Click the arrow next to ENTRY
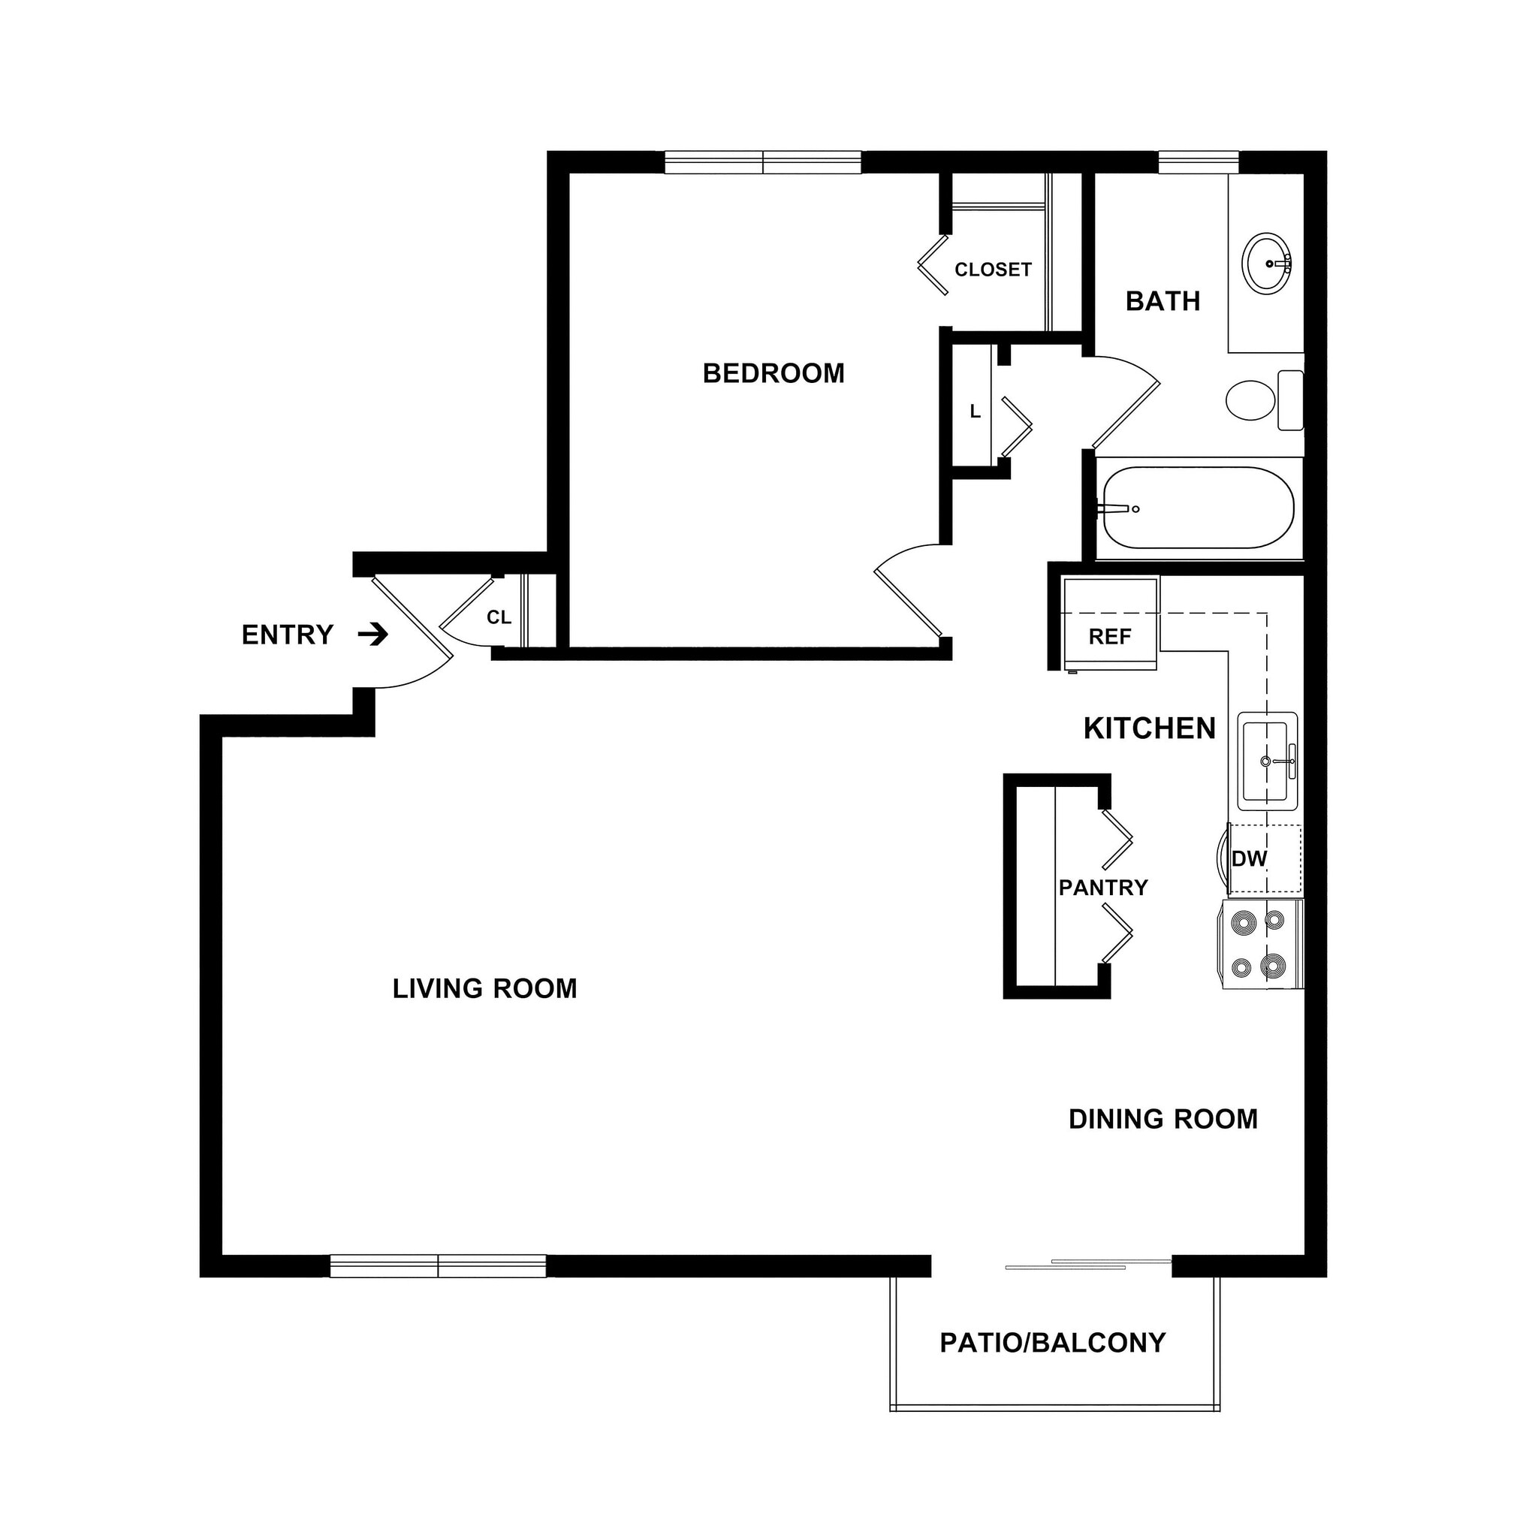click(x=372, y=635)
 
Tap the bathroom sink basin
click(x=1267, y=263)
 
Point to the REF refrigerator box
click(x=1110, y=625)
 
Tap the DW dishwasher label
click(x=1249, y=859)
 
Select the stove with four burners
click(x=1261, y=944)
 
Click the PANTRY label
click(x=1102, y=888)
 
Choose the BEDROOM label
click(x=773, y=373)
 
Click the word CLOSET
click(x=993, y=270)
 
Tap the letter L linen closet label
click(x=974, y=412)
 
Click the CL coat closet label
click(x=499, y=618)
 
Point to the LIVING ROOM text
click(x=484, y=989)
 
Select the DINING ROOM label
click(x=1163, y=1119)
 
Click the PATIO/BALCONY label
click(x=1052, y=1343)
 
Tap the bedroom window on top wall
click(x=763, y=162)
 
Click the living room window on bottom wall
click(x=438, y=1265)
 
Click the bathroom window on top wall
click(x=1198, y=162)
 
